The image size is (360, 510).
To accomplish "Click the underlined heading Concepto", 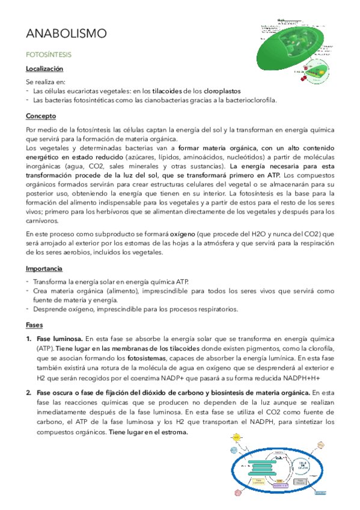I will coord(41,115).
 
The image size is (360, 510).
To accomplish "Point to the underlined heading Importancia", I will coord(45,268).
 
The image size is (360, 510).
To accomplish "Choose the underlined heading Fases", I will coord(34,324).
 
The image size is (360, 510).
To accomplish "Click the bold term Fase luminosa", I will coord(59,339).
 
